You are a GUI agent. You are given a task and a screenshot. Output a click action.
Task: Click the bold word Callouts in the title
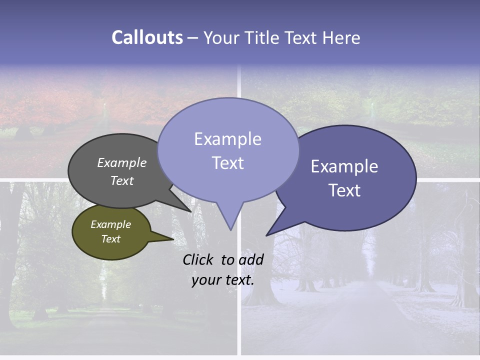pos(147,37)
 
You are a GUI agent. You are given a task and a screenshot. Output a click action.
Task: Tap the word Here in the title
pos(341,37)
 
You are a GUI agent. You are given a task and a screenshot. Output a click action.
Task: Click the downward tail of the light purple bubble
pos(229,220)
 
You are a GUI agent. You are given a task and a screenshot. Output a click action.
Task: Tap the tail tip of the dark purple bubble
pos(267,234)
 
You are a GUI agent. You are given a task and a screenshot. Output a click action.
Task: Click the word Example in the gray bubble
pos(122,163)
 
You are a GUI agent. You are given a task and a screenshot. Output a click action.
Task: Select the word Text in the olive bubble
pos(110,239)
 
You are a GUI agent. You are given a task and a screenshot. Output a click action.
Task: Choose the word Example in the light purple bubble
pos(227,139)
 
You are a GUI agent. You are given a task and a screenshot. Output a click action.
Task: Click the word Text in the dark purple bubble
pos(344,190)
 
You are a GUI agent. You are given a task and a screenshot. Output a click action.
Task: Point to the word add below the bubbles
pos(251,259)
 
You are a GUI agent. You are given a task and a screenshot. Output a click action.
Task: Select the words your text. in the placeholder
pos(223,280)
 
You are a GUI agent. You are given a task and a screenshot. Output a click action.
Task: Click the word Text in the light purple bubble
pos(227,163)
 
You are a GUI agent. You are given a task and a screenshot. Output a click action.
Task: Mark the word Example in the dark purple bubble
pos(344,166)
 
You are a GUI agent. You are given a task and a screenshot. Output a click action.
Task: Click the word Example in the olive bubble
pos(110,224)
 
